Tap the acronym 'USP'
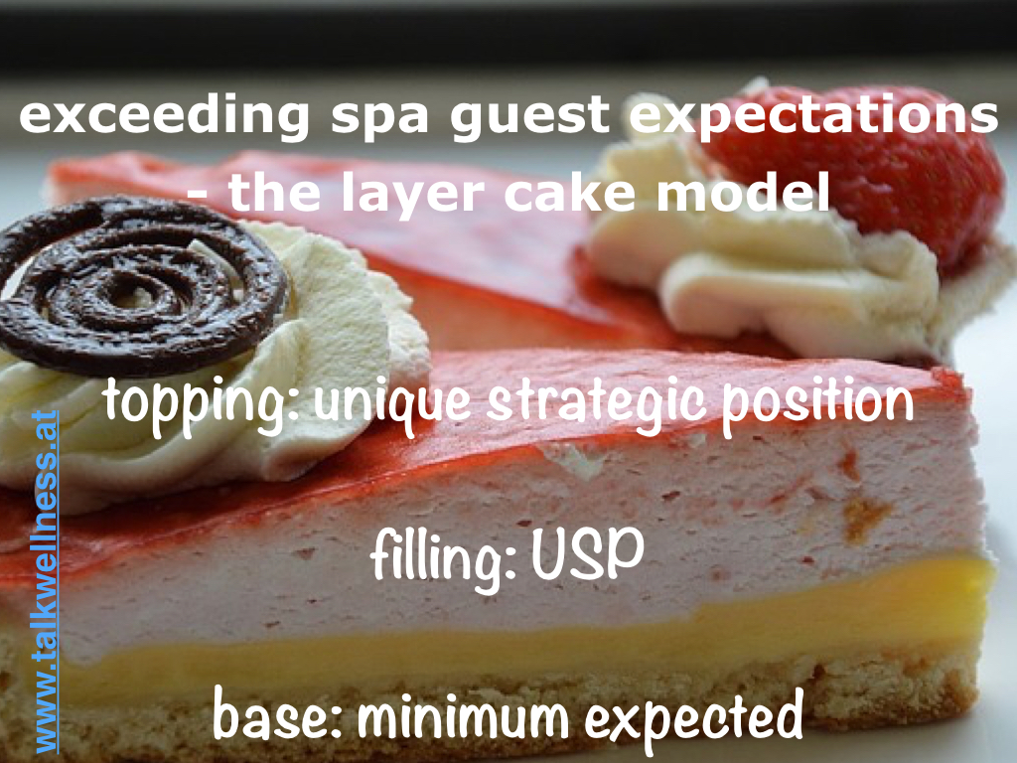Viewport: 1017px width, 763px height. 588,554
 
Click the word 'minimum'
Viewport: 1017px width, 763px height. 463,714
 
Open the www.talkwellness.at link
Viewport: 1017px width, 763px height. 46,580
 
